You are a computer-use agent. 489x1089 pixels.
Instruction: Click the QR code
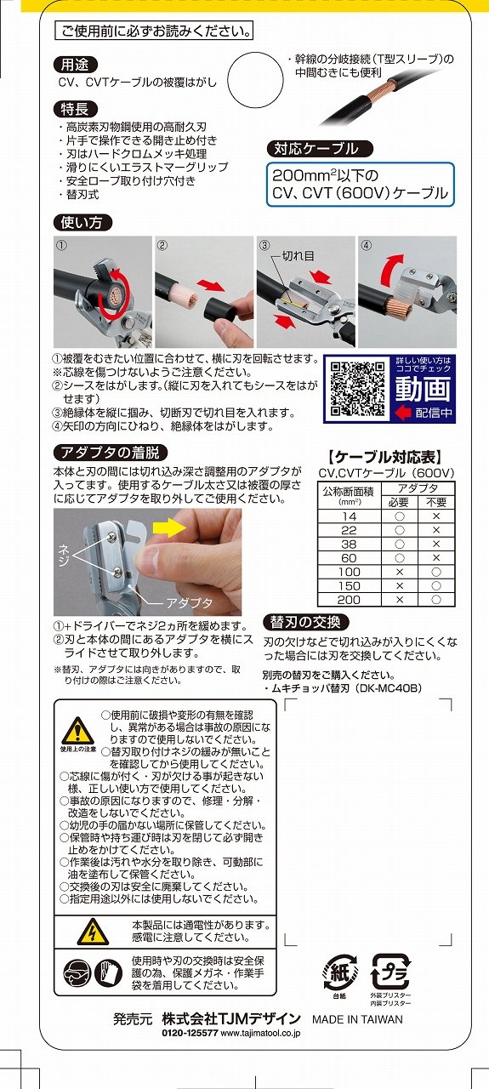(357, 389)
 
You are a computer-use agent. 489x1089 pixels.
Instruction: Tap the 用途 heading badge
(76, 65)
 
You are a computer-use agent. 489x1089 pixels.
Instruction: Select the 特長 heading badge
(76, 109)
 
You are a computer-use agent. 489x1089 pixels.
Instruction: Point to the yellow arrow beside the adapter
(169, 527)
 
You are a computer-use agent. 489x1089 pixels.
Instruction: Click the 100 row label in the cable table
(349, 572)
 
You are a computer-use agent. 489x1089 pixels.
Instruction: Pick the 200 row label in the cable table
(349, 600)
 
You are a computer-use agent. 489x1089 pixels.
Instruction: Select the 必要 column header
(399, 502)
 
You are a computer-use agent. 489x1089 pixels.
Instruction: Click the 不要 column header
(436, 502)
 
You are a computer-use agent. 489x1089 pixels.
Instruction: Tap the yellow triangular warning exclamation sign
(77, 731)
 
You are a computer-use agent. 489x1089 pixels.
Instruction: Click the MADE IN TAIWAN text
(357, 1019)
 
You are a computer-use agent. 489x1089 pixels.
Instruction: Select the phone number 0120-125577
(190, 1033)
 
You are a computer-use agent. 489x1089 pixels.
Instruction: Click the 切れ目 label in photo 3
(299, 256)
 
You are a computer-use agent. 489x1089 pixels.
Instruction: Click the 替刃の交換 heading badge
(306, 622)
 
